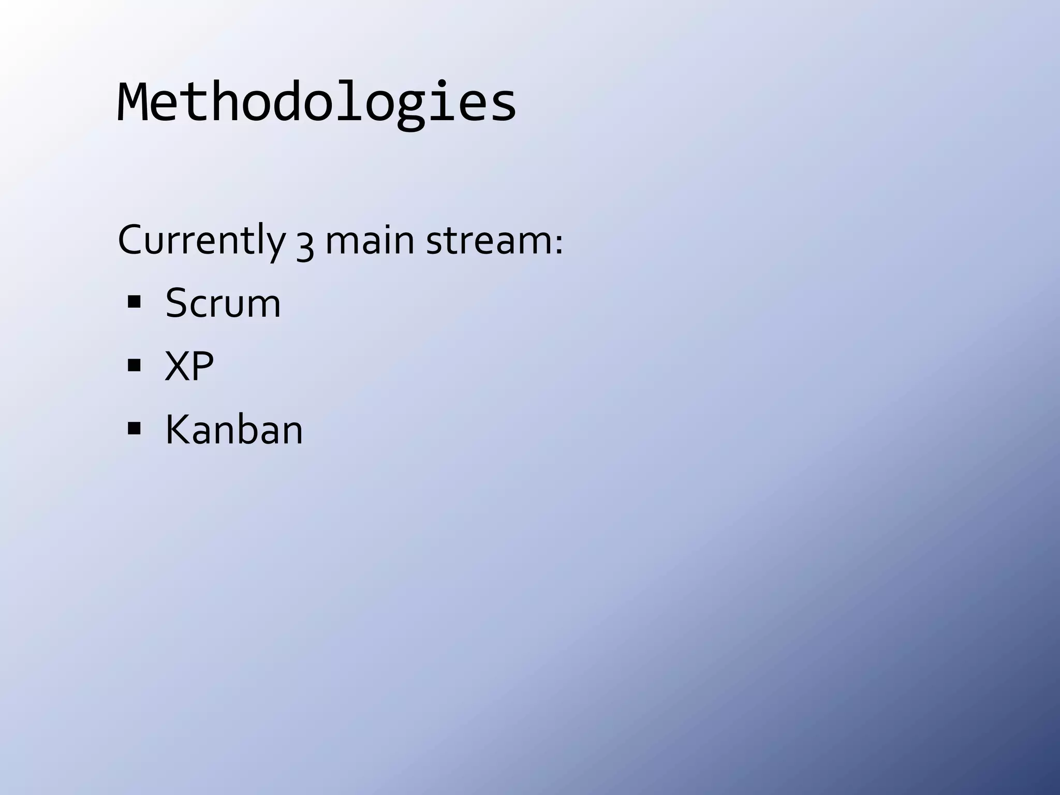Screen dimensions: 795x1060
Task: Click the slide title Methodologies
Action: (316, 102)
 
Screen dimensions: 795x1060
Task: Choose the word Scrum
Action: (223, 303)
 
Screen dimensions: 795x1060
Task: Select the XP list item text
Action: (189, 366)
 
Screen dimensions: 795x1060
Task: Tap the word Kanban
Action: (233, 430)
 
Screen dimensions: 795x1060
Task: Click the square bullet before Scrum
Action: (134, 302)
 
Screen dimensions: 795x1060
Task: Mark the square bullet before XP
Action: (134, 365)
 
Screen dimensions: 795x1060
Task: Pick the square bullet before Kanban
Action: (134, 429)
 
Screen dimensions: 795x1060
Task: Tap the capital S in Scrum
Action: (176, 303)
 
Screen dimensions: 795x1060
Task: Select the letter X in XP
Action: (176, 366)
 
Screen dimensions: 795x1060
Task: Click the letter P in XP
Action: (203, 366)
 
